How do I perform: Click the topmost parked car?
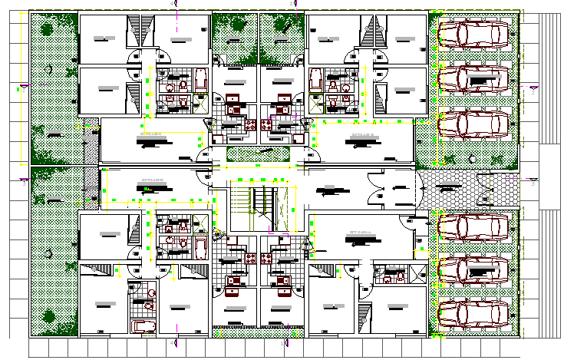click(473, 34)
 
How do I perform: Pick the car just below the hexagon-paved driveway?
click(473, 227)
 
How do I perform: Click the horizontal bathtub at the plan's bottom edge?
click(143, 327)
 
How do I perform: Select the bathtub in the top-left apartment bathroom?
click(200, 80)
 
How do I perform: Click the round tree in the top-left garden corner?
click(47, 31)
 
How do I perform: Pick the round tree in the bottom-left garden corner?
click(49, 315)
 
